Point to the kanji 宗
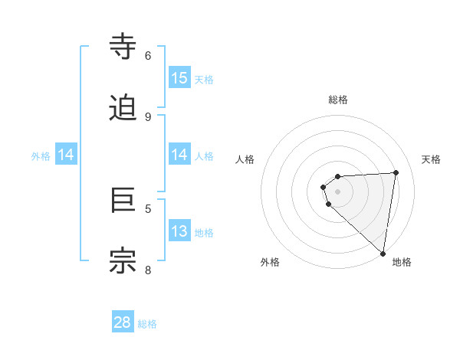click(123, 260)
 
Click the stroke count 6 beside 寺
click(148, 56)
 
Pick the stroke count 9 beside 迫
click(148, 116)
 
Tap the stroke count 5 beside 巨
click(148, 208)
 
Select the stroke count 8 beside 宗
click(148, 269)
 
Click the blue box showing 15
click(179, 77)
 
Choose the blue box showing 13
click(179, 231)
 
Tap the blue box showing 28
click(123, 322)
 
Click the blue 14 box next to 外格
click(66, 155)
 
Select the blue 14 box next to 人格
click(179, 155)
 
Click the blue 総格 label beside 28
click(147, 324)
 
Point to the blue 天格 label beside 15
click(204, 80)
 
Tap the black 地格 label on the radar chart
click(402, 262)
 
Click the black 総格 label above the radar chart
click(338, 100)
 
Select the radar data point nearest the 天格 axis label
click(396, 172)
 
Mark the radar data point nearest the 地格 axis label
click(383, 254)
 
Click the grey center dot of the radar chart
click(337, 191)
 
